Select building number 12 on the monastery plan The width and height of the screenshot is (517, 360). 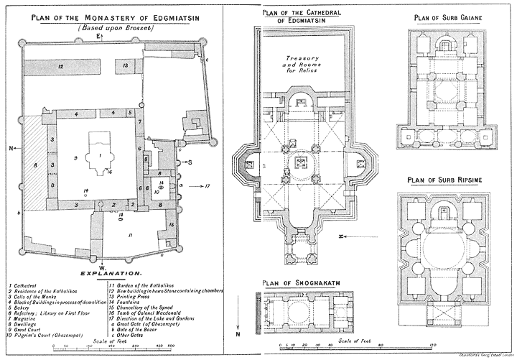[x=62, y=67]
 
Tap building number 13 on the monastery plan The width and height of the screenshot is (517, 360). [x=125, y=65]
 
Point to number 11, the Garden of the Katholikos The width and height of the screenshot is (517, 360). [x=131, y=234]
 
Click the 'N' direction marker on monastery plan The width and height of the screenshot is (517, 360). [x=12, y=149]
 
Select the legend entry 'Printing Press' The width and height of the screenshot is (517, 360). [x=135, y=296]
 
